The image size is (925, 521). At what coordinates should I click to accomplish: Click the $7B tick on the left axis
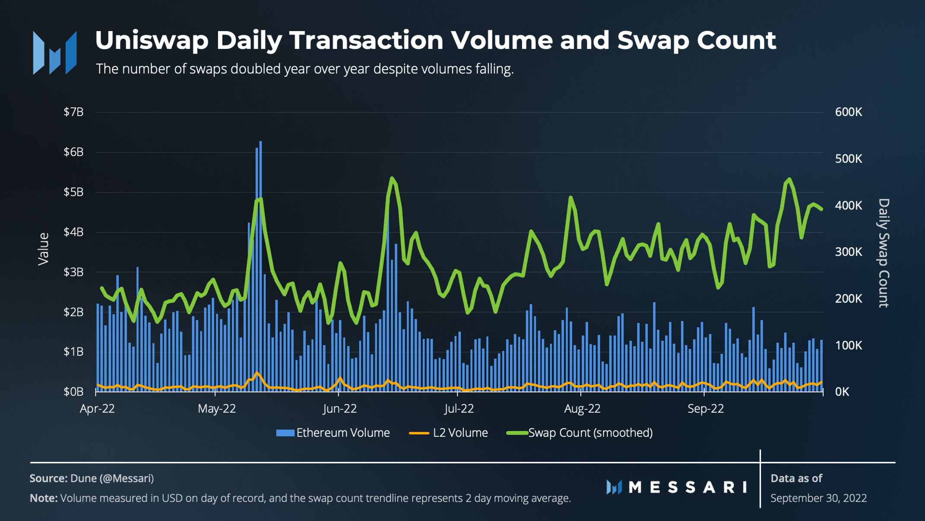(x=73, y=112)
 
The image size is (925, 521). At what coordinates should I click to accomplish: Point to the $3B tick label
(x=73, y=272)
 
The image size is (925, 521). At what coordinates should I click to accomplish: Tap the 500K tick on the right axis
(x=848, y=159)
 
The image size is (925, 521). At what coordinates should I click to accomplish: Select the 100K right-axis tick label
(x=848, y=345)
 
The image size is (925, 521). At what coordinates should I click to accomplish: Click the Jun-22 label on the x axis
(x=340, y=409)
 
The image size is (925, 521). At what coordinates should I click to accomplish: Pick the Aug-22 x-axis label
(x=582, y=409)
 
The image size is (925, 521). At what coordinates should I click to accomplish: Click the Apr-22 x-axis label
(x=97, y=409)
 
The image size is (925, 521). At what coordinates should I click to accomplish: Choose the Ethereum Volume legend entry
(x=333, y=433)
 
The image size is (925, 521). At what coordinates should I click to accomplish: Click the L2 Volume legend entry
(x=449, y=433)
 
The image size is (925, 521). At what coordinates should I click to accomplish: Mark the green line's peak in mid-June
(x=392, y=178)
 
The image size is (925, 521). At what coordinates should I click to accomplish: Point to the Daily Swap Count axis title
(x=884, y=253)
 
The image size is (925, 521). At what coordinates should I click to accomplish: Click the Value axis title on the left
(x=43, y=249)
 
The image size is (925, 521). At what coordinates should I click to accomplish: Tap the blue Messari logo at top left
(x=55, y=53)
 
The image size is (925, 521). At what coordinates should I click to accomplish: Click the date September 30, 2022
(x=818, y=498)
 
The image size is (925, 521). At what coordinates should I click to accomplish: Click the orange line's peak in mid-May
(x=257, y=372)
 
